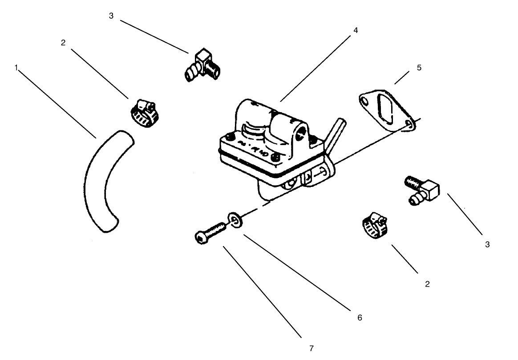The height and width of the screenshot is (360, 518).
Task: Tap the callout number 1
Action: coord(16,68)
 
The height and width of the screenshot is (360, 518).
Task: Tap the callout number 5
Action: coord(419,68)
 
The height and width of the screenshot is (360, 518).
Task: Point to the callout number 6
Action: coord(359,318)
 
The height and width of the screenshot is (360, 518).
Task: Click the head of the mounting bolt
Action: coord(201,238)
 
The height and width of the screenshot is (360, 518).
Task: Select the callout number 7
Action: coord(312,348)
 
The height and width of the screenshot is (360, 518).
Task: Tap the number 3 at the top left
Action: coord(111,16)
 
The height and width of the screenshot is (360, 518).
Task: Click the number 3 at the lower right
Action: coord(487,244)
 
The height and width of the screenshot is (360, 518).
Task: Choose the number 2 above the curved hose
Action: coord(63,42)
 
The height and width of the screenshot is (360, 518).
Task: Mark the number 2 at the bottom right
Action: coord(427,284)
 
